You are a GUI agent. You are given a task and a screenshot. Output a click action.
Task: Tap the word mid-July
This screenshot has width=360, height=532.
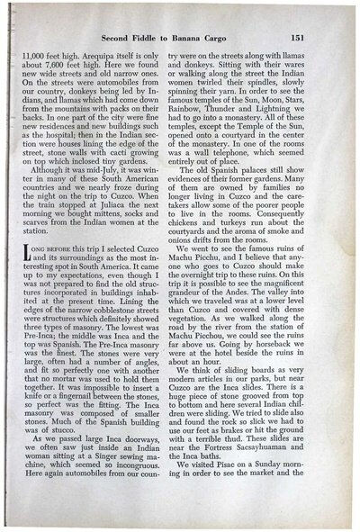pos(107,182)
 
